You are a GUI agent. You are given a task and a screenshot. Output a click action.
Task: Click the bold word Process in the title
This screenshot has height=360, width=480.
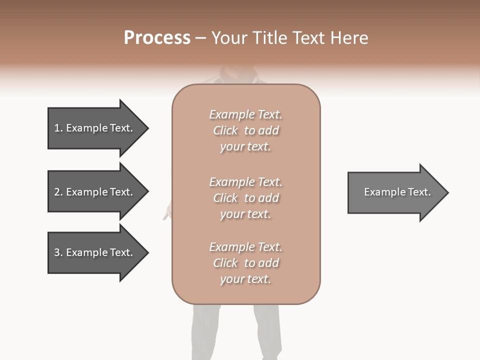click(x=157, y=38)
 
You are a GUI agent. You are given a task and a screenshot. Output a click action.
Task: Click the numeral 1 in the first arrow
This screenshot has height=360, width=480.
click(x=57, y=128)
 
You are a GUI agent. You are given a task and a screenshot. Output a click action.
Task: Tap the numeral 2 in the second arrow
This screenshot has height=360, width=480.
click(x=57, y=192)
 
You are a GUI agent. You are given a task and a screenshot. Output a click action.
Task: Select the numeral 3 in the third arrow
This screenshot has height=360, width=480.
click(x=57, y=252)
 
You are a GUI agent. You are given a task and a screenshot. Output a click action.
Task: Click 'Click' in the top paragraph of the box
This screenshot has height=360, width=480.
click(x=225, y=130)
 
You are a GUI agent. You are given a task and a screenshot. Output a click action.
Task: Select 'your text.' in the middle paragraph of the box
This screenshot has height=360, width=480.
click(x=245, y=214)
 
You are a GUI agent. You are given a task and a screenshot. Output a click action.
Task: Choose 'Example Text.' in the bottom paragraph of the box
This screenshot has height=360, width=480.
click(x=245, y=247)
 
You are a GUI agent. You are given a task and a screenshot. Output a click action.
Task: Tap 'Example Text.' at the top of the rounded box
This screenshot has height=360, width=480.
click(x=245, y=114)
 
